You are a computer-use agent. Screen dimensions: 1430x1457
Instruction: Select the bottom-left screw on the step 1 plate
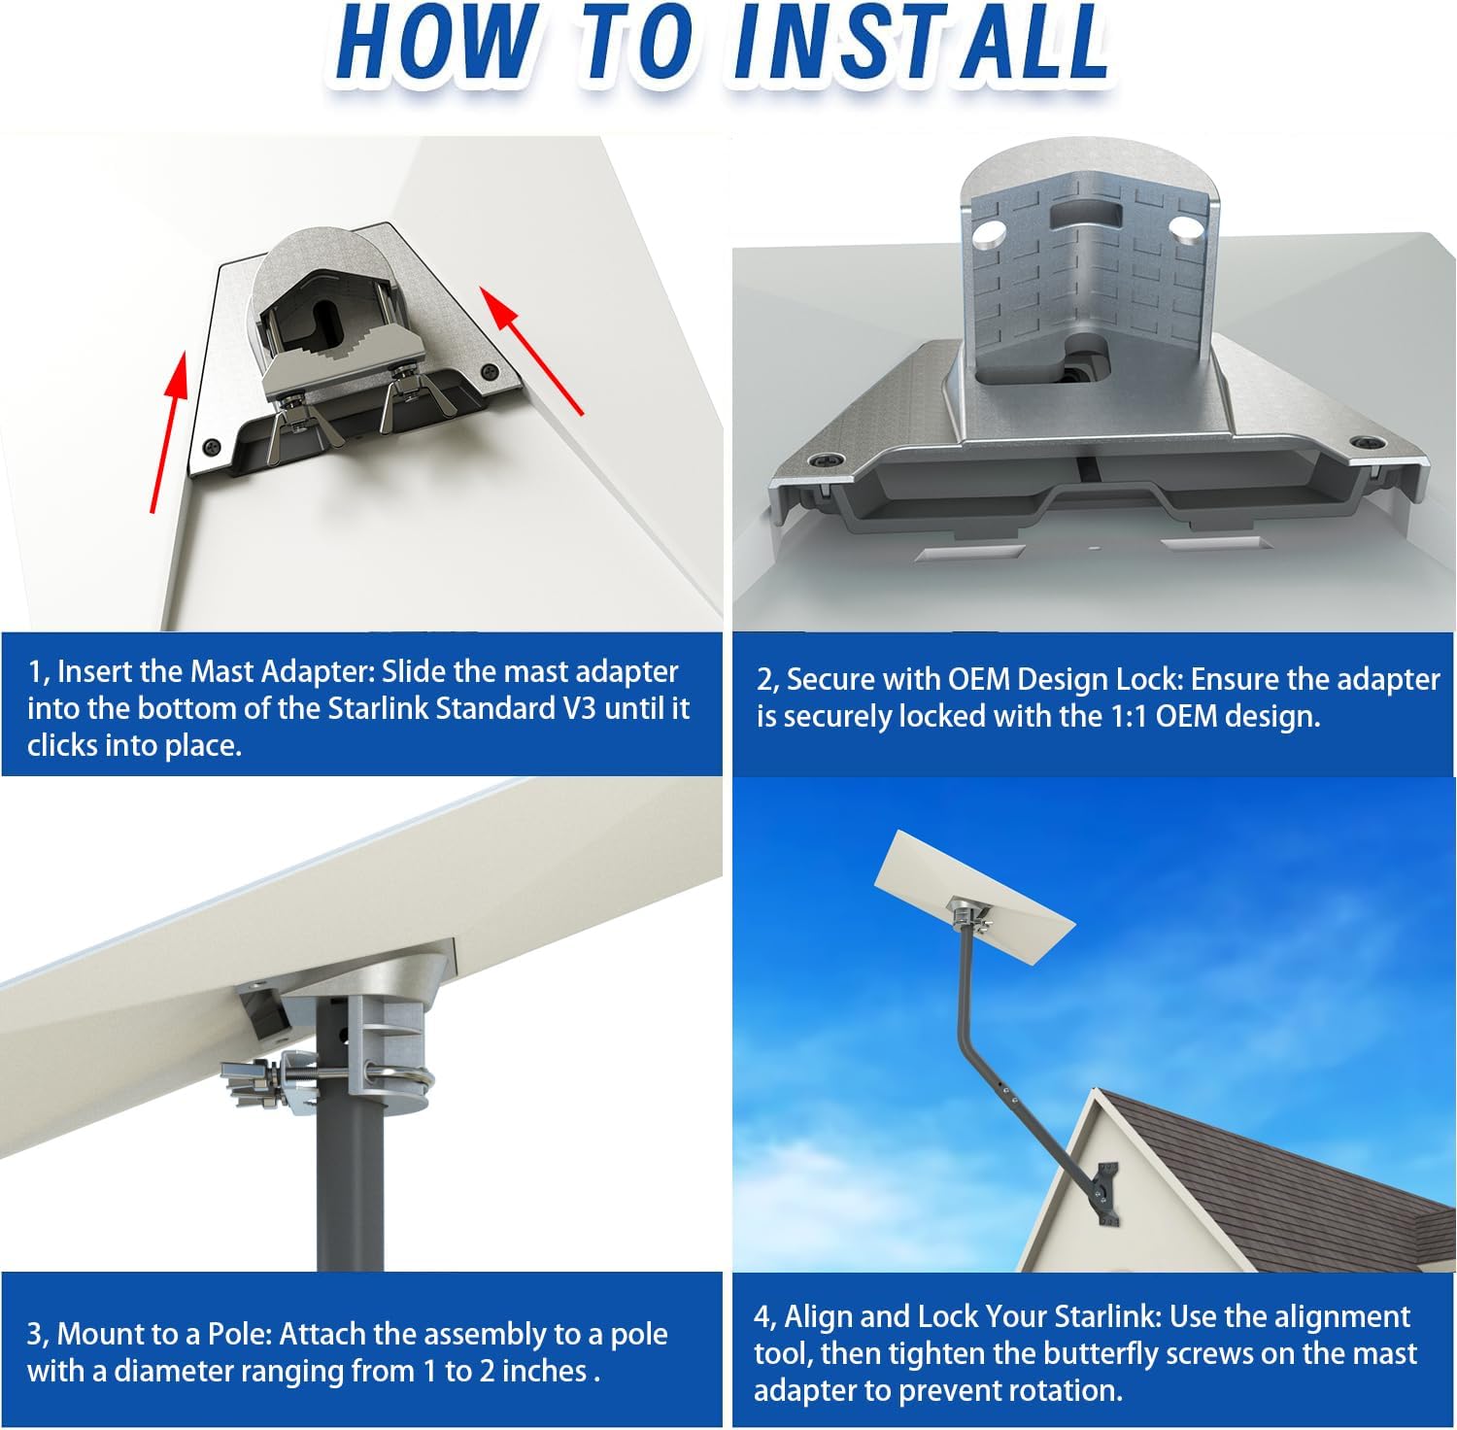click(213, 448)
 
